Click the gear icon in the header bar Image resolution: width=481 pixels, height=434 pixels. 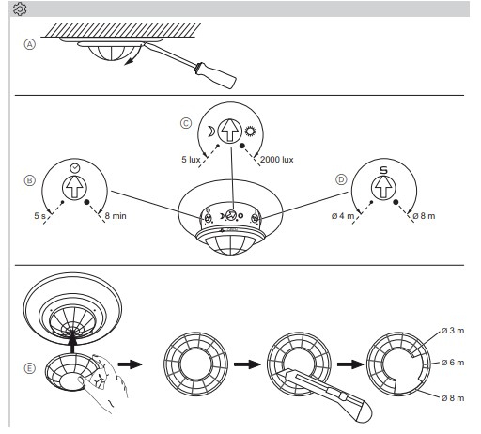click(20, 9)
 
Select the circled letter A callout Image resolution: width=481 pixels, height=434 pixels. click(30, 44)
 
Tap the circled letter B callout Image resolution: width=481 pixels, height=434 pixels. click(30, 180)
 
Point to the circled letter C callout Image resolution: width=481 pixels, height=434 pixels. click(186, 123)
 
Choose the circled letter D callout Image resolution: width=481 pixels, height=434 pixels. click(341, 179)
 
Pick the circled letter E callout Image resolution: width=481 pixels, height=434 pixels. click(30, 368)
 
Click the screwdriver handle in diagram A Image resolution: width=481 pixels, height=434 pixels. click(215, 75)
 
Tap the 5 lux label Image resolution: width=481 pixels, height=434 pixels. click(191, 160)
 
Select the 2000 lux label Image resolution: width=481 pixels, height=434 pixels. click(277, 160)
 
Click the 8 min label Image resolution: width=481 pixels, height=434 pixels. click(116, 216)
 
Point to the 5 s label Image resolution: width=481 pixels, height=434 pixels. click(39, 216)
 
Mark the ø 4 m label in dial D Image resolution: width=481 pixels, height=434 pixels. click(343, 216)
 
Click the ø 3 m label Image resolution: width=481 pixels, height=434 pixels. click(453, 331)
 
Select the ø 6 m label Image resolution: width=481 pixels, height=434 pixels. click(453, 363)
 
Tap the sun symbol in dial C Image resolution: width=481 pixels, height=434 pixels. click(250, 132)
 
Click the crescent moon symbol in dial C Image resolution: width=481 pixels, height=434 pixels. click(210, 132)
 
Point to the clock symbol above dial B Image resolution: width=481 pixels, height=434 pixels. click(75, 168)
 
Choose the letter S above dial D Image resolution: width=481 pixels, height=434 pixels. click(383, 170)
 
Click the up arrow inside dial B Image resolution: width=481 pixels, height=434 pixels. click(74, 188)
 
